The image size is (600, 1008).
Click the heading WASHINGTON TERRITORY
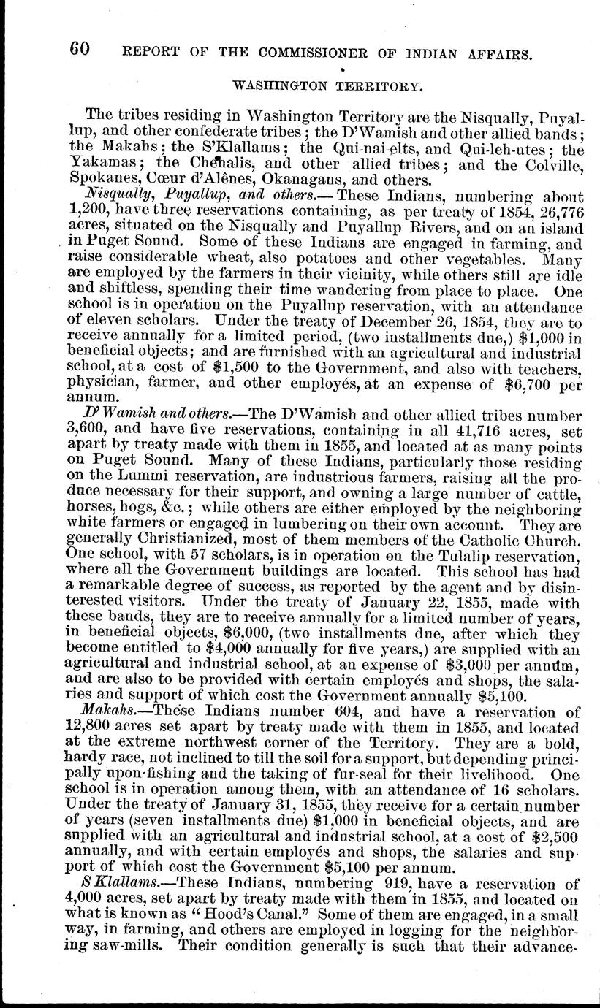[x=327, y=85]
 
